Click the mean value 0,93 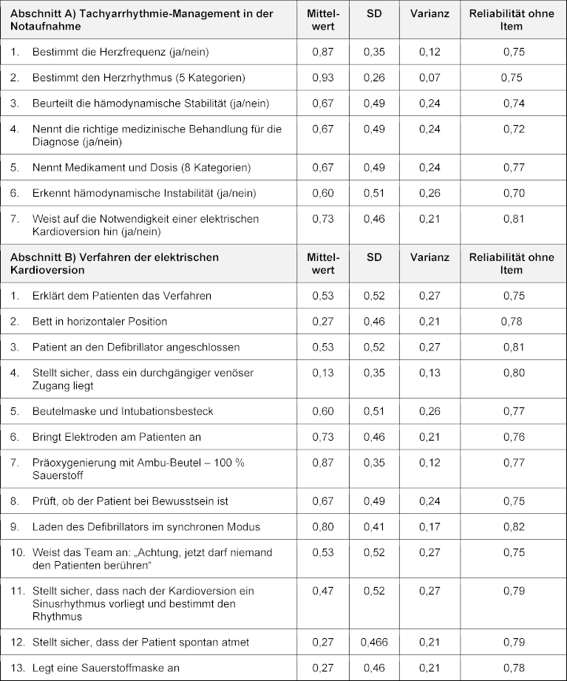[322, 78]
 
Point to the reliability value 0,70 [513, 193]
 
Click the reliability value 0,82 [513, 527]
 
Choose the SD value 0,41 [374, 527]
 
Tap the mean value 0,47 [322, 591]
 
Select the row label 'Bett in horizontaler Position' [100, 322]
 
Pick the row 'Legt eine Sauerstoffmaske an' [106, 668]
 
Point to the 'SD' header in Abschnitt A [374, 14]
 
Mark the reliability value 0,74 [513, 104]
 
